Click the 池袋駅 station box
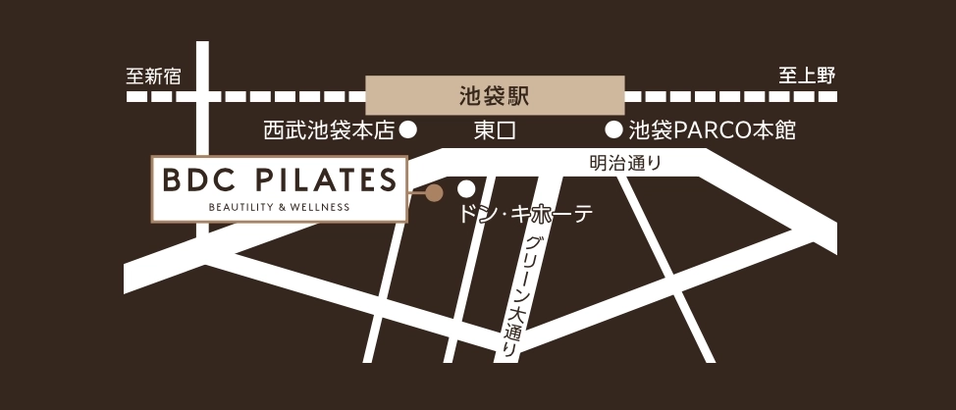[x=495, y=96]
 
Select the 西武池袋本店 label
[x=328, y=129]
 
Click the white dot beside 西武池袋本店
[x=410, y=128]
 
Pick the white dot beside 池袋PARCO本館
[x=613, y=128]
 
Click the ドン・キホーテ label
[x=525, y=214]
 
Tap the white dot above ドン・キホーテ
[x=467, y=187]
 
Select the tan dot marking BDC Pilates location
[x=433, y=193]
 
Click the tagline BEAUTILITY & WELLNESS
[x=279, y=207]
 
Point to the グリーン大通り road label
[x=520, y=294]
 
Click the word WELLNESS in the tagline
[x=321, y=207]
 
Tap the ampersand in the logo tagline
[x=284, y=207]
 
